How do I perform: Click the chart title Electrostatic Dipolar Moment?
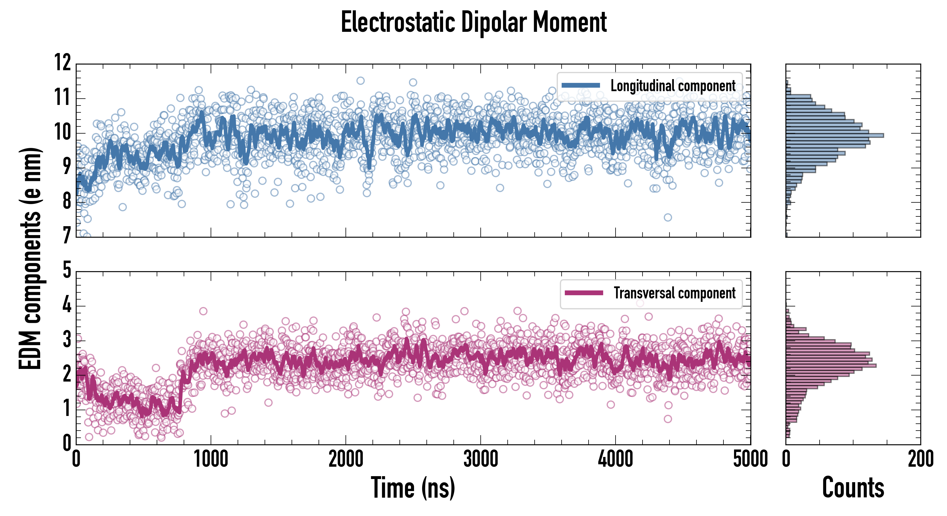click(473, 23)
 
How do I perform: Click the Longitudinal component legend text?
click(673, 86)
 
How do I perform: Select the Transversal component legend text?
click(675, 294)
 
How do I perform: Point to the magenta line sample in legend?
click(584, 293)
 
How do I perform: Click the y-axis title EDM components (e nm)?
click(30, 259)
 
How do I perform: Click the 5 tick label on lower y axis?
click(67, 271)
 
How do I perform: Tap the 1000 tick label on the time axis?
click(211, 459)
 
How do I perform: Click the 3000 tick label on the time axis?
click(480, 459)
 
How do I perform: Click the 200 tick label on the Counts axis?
click(921, 459)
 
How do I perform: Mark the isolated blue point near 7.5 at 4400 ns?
click(667, 217)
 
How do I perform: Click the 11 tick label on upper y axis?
click(63, 98)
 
